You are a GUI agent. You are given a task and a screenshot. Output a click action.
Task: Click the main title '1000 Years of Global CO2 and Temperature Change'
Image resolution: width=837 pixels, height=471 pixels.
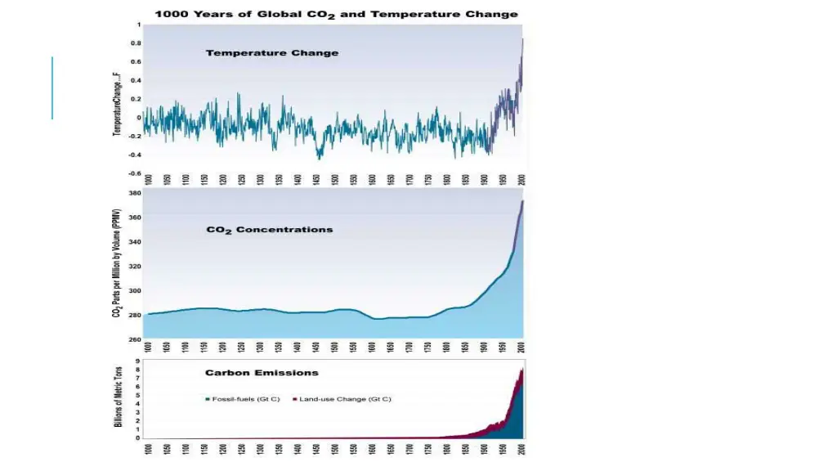tap(337, 14)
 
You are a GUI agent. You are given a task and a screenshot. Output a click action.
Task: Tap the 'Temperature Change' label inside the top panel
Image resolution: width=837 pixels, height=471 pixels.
tap(272, 53)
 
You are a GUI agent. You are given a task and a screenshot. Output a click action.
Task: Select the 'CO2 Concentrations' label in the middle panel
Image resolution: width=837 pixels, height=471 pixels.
tap(270, 230)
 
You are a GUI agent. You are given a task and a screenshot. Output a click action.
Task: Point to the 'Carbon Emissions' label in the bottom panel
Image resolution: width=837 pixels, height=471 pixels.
tap(262, 373)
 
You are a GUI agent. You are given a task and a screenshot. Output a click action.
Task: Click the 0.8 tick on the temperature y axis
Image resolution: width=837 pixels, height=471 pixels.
tap(136, 43)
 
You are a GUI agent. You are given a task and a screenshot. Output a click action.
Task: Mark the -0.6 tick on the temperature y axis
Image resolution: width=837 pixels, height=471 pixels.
tap(135, 173)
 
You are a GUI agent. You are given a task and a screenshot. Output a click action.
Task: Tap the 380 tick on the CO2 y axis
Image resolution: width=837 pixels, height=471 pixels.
tap(135, 194)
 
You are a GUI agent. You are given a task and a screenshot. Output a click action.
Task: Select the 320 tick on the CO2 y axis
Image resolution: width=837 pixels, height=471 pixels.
tap(135, 267)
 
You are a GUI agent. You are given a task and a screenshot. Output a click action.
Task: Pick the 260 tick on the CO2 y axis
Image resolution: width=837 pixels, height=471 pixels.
tap(135, 339)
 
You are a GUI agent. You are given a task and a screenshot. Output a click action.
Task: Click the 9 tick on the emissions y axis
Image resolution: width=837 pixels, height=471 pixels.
tap(138, 360)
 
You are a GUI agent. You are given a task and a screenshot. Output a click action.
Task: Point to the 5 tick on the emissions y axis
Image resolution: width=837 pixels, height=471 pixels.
tap(138, 395)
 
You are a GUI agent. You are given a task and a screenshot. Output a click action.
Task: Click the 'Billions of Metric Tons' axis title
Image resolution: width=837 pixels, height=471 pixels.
tap(118, 396)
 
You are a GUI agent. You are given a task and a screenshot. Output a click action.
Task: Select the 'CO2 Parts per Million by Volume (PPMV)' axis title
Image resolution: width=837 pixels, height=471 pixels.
tap(118, 265)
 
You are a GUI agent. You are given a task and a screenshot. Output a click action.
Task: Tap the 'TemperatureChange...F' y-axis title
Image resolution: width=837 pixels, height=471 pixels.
tap(118, 105)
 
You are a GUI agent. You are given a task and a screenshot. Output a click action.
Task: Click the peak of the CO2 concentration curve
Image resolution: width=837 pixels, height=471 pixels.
tap(522, 201)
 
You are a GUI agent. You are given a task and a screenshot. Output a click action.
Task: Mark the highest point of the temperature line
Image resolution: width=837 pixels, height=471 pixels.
tap(523, 38)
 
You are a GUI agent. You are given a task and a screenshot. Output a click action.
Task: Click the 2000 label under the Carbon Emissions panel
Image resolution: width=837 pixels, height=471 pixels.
tap(522, 448)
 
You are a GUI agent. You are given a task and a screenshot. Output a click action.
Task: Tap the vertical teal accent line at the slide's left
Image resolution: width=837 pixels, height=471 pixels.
tap(51, 87)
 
